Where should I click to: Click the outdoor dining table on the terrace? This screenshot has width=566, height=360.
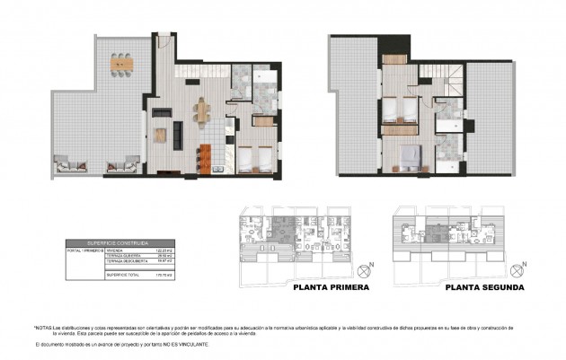[120, 63]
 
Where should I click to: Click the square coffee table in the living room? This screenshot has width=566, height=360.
[160, 135]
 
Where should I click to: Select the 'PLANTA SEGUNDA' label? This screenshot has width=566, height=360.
[485, 288]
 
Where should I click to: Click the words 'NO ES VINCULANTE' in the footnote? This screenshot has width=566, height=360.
[190, 344]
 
